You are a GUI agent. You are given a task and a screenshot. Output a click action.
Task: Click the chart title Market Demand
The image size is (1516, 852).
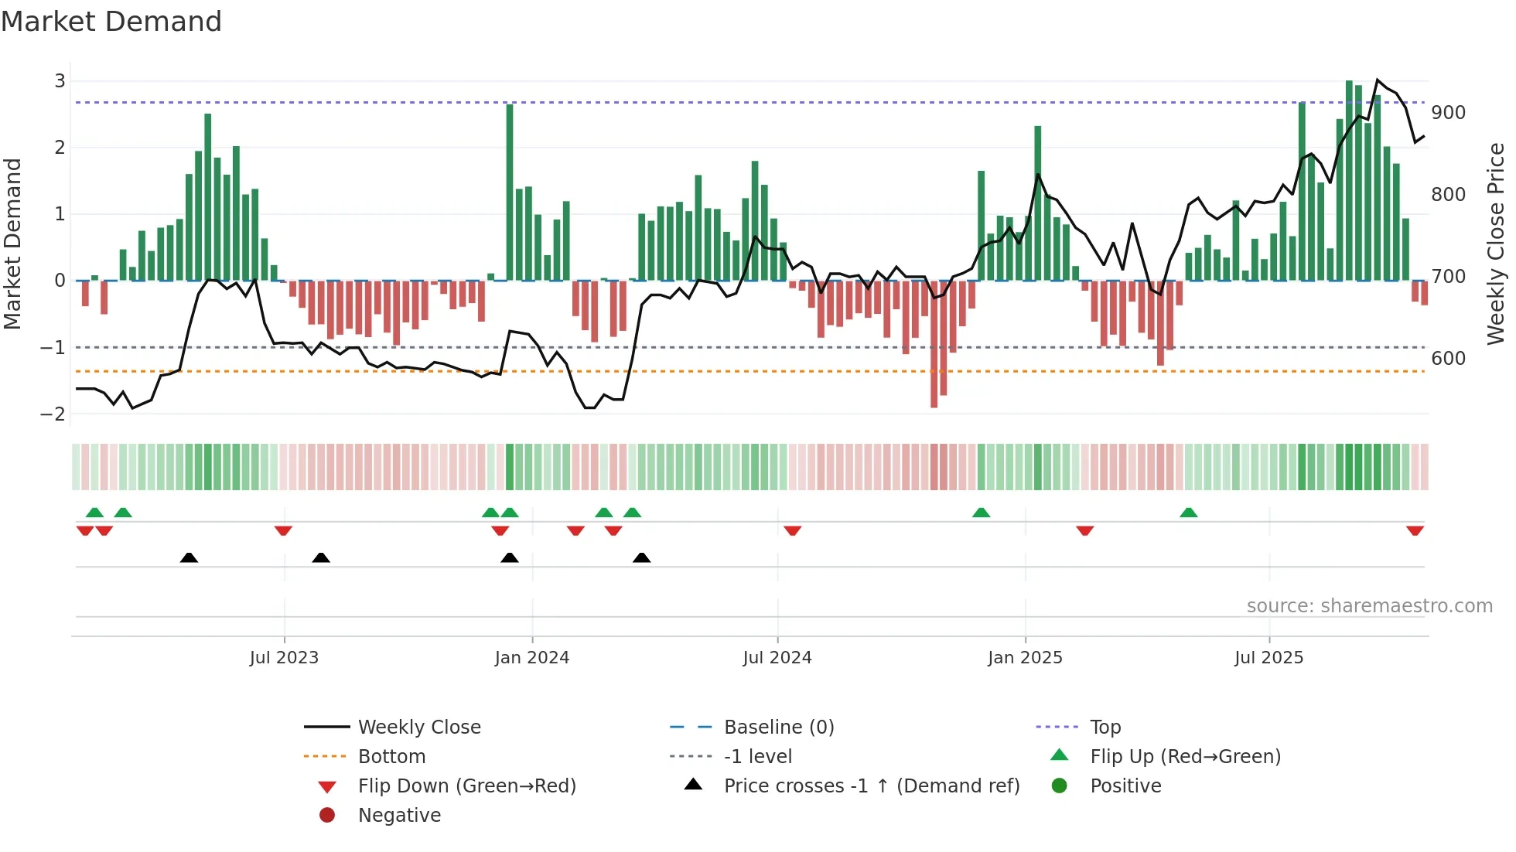pyautogui.click(x=111, y=22)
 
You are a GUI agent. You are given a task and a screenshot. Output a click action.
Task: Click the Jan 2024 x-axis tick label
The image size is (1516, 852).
pyautogui.click(x=531, y=658)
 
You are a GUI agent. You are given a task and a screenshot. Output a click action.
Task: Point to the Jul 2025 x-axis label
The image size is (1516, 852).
pyautogui.click(x=1268, y=658)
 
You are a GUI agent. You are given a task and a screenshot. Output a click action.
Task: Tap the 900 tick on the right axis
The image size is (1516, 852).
pyautogui.click(x=1448, y=113)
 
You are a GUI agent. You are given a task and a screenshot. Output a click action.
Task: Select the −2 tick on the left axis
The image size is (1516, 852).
pyautogui.click(x=53, y=414)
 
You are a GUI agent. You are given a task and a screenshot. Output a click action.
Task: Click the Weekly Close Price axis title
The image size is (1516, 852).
pyautogui.click(x=1496, y=244)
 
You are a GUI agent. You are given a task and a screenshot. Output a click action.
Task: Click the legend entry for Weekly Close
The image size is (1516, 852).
pyautogui.click(x=418, y=728)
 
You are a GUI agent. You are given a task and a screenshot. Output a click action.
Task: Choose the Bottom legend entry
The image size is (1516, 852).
pyautogui.click(x=391, y=757)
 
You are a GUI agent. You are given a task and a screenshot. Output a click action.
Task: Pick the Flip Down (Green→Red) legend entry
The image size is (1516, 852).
pyautogui.click(x=466, y=786)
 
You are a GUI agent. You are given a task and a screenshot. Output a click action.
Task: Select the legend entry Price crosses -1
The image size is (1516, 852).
pyautogui.click(x=871, y=786)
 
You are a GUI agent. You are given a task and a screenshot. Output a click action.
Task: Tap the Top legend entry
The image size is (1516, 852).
pyautogui.click(x=1105, y=728)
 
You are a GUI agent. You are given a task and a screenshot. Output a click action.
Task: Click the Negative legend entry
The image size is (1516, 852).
pyautogui.click(x=399, y=816)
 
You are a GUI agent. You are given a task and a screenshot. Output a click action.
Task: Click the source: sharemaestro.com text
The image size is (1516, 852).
pyautogui.click(x=1369, y=606)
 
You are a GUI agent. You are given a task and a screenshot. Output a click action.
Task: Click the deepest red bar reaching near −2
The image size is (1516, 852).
pyautogui.click(x=934, y=344)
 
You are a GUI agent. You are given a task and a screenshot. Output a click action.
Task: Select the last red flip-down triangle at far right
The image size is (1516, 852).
pyautogui.click(x=1415, y=530)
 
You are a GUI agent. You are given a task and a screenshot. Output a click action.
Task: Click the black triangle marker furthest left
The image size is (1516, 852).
pyautogui.click(x=189, y=557)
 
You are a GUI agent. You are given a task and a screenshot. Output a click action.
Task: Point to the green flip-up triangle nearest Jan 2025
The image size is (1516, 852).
pyautogui.click(x=981, y=513)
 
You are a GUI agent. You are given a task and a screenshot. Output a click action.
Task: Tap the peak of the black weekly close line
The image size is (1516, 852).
pyautogui.click(x=1378, y=80)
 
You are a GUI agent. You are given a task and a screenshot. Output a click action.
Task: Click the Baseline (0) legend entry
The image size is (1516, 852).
pyautogui.click(x=778, y=728)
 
